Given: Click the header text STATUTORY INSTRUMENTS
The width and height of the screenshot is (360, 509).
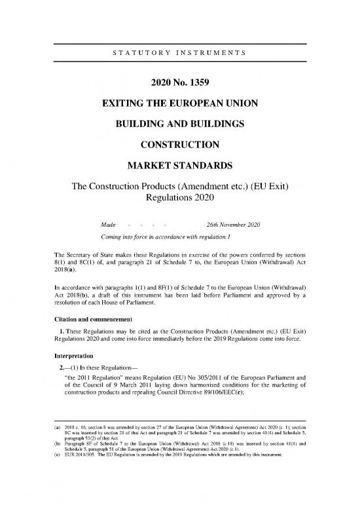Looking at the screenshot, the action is pos(179,50).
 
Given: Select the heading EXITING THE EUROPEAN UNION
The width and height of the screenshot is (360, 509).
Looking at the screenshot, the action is pos(179,104).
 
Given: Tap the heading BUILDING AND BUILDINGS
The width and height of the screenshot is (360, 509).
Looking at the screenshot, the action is pos(179,124).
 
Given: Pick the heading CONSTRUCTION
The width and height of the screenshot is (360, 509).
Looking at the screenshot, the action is pos(179,145).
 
